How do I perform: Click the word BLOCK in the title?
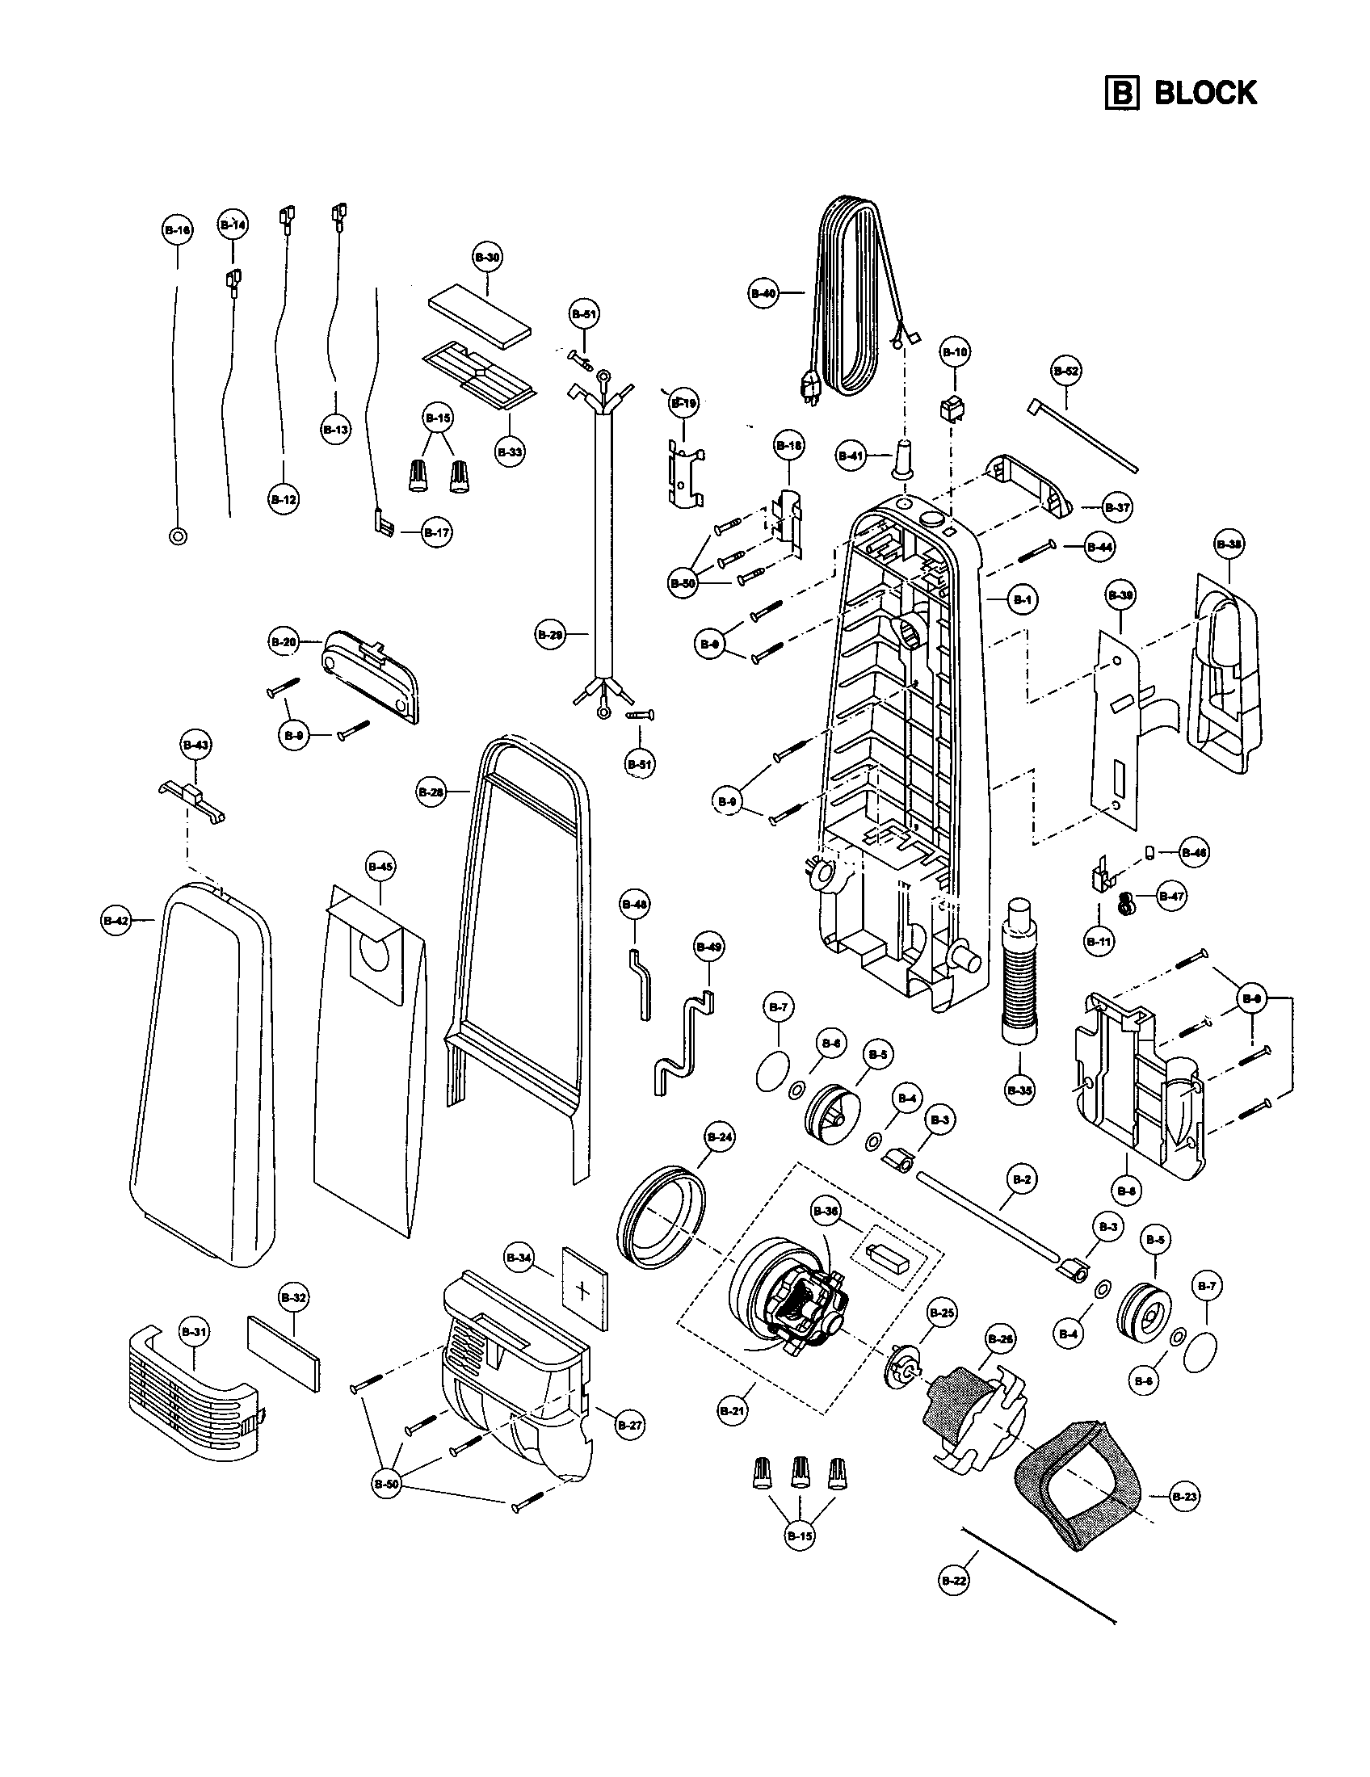(1205, 93)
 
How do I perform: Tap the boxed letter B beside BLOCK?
(1121, 93)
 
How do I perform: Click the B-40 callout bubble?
(763, 294)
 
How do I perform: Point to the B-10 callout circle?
(956, 352)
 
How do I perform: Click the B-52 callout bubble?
(1066, 371)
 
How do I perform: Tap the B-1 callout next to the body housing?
(1023, 599)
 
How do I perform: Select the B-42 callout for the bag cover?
(116, 920)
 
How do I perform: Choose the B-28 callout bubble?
(431, 792)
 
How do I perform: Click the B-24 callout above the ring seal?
(720, 1136)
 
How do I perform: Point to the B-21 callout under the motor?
(733, 1412)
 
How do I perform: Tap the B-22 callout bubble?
(954, 1581)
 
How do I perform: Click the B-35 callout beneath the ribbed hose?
(1020, 1090)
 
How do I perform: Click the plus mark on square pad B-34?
(583, 1291)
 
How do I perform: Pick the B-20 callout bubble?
(283, 642)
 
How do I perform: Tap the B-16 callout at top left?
(178, 230)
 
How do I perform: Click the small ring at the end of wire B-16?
(178, 536)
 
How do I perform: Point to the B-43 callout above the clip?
(195, 745)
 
